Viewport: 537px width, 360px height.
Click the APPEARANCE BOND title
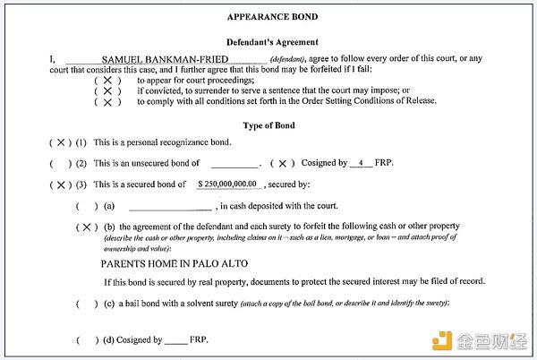pos(268,16)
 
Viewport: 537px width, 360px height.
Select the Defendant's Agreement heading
pos(268,42)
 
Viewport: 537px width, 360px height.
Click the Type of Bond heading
pos(268,125)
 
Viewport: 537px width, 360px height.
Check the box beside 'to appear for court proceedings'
pos(107,80)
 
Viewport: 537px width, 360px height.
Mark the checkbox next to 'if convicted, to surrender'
pos(107,90)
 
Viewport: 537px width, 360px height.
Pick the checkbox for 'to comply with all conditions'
pos(107,102)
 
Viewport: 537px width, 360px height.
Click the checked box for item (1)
pos(61,143)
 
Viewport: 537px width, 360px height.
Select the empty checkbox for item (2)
pos(61,164)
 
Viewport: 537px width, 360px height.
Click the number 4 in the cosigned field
pos(360,163)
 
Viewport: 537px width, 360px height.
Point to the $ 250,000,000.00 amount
pos(228,184)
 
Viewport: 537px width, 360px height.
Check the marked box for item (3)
pos(61,185)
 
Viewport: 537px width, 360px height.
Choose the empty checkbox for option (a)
pos(88,206)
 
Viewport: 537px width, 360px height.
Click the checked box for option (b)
pos(88,227)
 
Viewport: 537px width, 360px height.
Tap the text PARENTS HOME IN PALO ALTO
pos(174,265)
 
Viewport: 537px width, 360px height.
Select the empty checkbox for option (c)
pos(88,304)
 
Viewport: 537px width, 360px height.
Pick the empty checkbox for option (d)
pos(88,340)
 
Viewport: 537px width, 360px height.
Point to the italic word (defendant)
pos(289,59)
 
